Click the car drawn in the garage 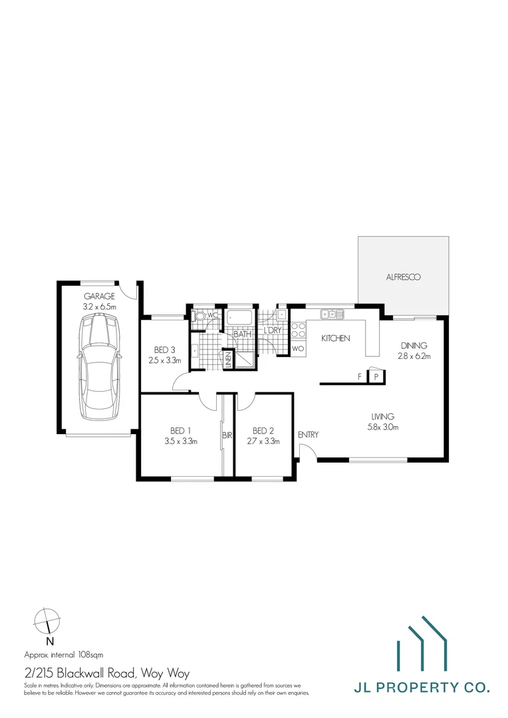(x=100, y=368)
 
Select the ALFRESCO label (x=404, y=277)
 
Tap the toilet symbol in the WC (x=198, y=316)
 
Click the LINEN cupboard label (x=227, y=360)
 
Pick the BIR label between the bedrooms (x=227, y=436)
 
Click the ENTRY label (x=308, y=435)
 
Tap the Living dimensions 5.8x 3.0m (x=384, y=427)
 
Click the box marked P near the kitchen (x=377, y=377)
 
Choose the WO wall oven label (x=298, y=348)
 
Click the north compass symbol (x=47, y=622)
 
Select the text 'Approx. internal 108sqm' (x=63, y=654)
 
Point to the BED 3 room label (x=164, y=350)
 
